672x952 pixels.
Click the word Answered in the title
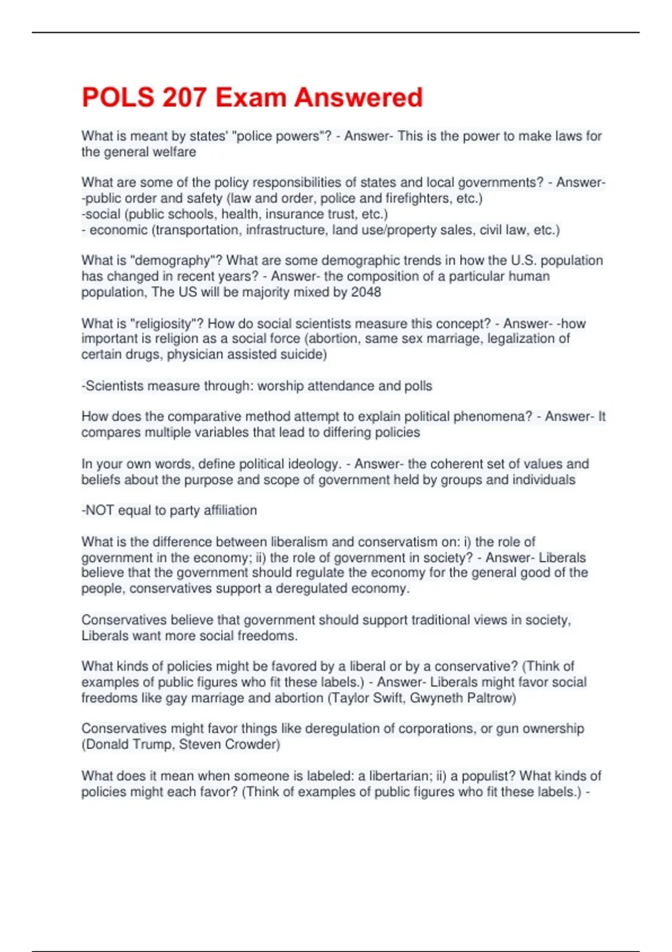click(358, 97)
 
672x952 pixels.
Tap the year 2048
click(366, 292)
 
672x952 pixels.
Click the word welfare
click(175, 152)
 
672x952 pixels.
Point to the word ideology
click(314, 464)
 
